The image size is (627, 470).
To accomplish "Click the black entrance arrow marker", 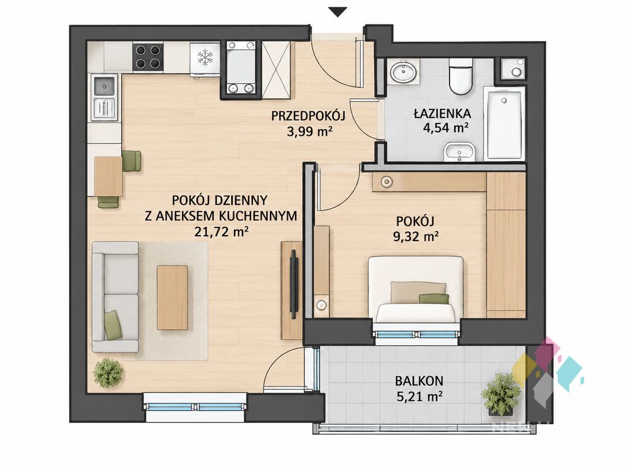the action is [338, 12].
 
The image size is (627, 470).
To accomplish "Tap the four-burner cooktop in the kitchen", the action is [148, 57].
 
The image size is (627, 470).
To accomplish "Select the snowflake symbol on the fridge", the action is [205, 57].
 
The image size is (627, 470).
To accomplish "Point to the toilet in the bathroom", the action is [460, 76].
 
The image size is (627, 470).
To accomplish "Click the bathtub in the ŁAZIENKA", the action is [504, 123].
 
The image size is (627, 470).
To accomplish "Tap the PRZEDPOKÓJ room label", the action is [308, 116].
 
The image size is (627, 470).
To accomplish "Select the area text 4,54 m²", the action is [446, 128].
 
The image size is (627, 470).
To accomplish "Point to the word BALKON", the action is [419, 381].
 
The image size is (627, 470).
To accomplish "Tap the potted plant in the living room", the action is [108, 373].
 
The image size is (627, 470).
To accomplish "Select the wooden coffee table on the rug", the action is [172, 298].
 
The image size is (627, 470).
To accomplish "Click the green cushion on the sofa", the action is [113, 325].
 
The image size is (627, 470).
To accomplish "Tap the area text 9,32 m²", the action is [416, 237].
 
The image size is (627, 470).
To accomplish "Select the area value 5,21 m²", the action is [419, 397].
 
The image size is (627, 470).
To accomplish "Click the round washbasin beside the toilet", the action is [404, 73].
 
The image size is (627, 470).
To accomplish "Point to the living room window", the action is [195, 407].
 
